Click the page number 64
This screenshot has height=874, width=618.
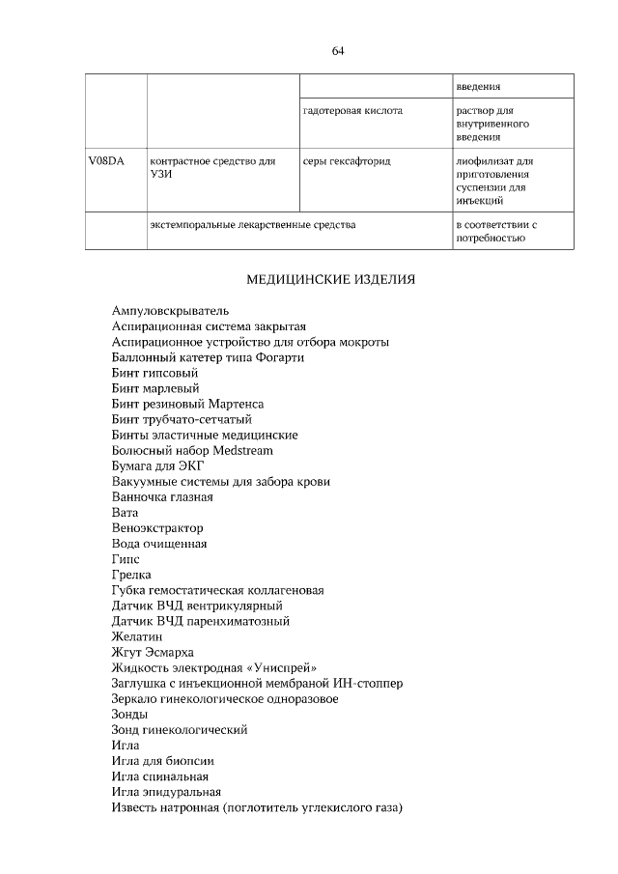[338, 51]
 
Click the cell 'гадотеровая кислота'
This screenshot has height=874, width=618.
[352, 111]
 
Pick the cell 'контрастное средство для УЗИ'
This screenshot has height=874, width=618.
[207, 169]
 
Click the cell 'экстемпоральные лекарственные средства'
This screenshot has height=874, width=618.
[252, 225]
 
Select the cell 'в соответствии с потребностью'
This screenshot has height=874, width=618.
[496, 232]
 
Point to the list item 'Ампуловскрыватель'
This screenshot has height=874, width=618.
[169, 311]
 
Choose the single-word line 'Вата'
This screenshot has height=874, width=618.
[125, 512]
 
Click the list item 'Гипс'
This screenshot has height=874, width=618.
[126, 559]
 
